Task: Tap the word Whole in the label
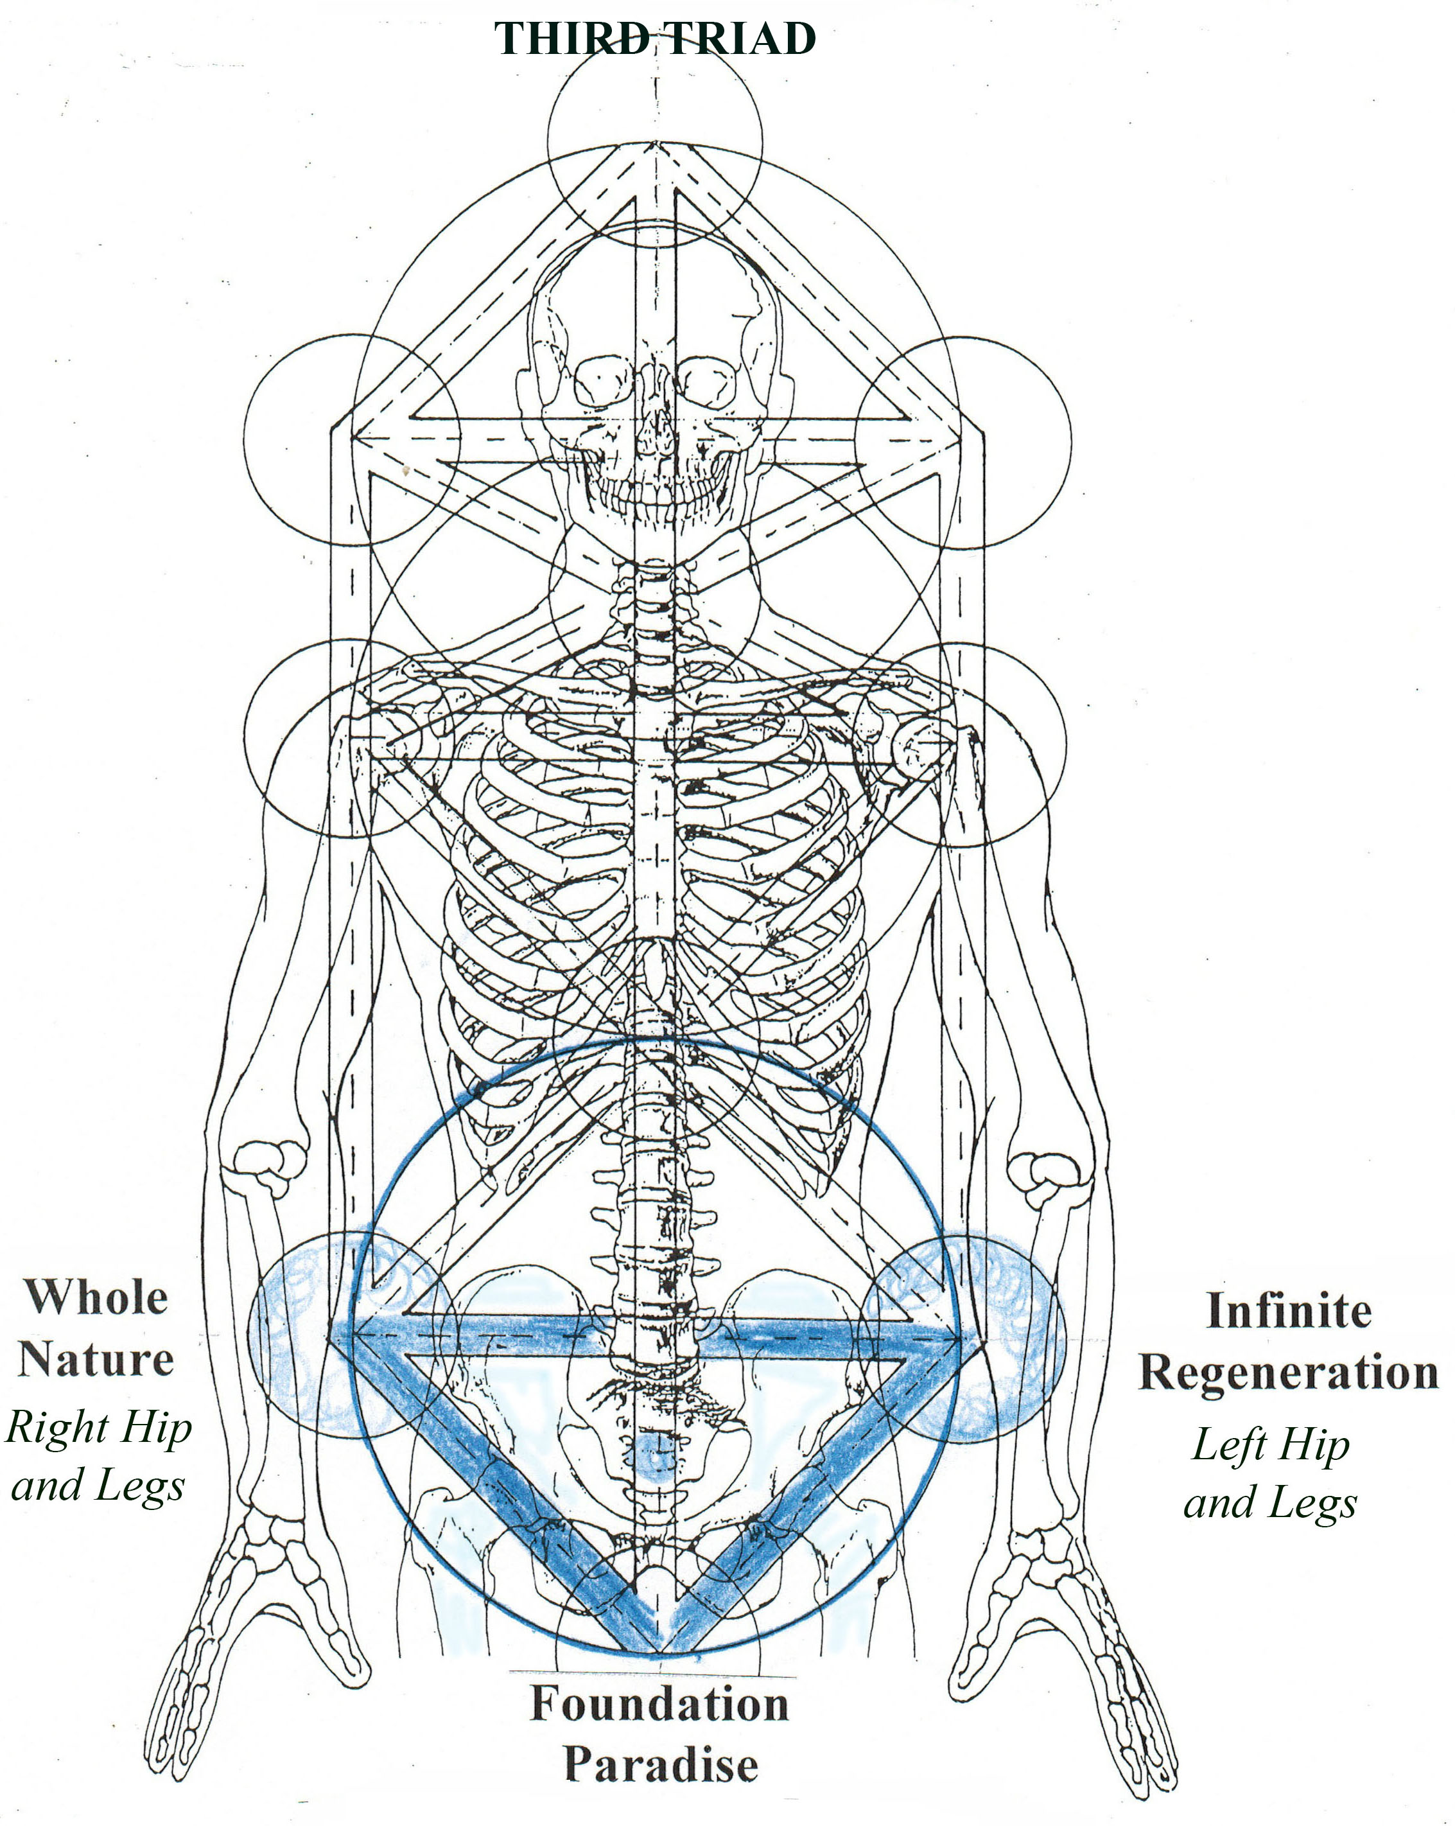[x=96, y=1297]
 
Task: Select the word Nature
[x=96, y=1359]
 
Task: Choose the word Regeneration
[x=1288, y=1372]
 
